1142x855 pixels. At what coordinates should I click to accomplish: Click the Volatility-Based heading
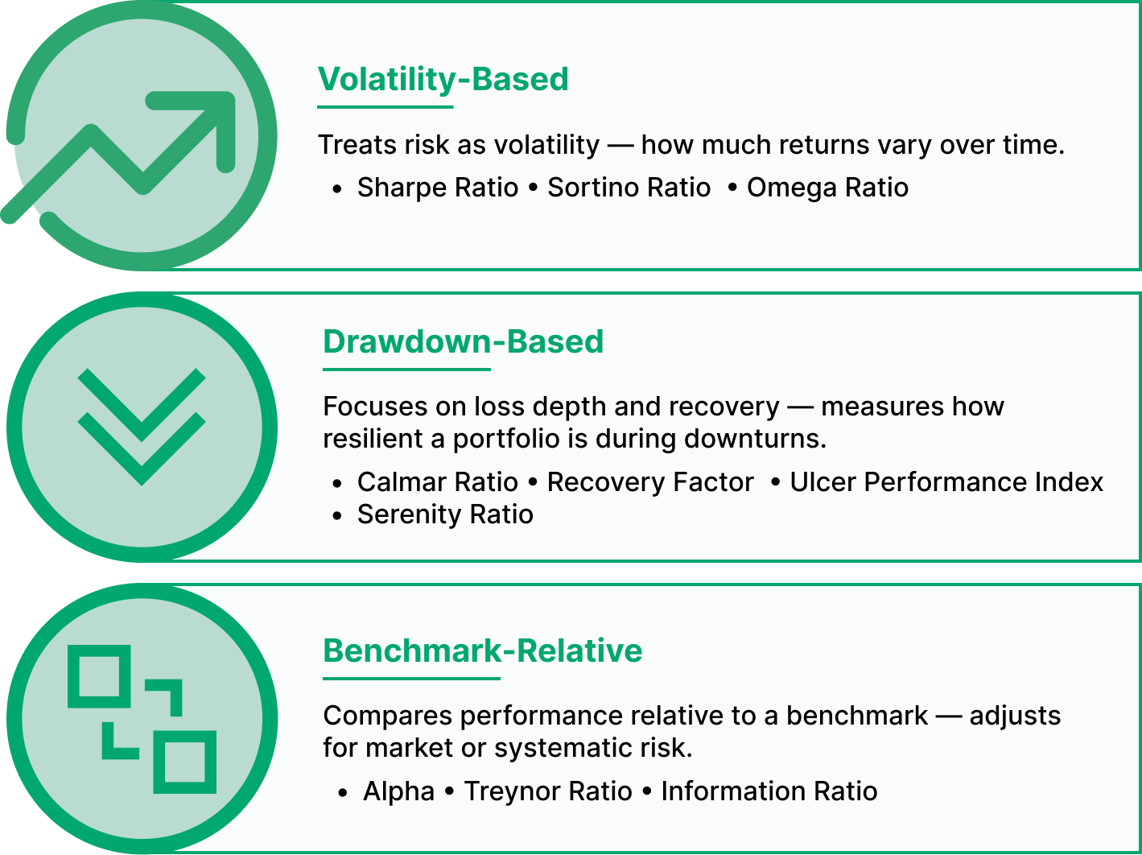(443, 80)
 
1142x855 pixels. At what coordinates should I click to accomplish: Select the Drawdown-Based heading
(463, 341)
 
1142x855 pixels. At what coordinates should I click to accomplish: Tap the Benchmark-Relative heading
(482, 651)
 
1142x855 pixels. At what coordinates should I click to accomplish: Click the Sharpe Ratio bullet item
(437, 188)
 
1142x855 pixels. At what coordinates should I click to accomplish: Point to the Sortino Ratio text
(629, 188)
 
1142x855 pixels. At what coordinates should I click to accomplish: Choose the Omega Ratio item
(827, 188)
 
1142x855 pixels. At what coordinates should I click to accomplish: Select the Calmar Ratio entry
(437, 482)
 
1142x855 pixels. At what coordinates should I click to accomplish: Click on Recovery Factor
(650, 482)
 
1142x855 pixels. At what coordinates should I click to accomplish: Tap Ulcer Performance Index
(946, 482)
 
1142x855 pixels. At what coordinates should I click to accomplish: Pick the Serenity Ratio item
(445, 514)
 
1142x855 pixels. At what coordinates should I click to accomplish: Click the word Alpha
(398, 791)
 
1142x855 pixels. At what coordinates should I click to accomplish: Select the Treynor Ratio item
(547, 791)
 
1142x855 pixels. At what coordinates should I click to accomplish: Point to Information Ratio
(769, 791)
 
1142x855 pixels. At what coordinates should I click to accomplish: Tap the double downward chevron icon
(142, 427)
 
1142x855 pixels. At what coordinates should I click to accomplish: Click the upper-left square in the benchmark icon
(99, 676)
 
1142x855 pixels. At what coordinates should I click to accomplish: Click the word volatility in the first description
(546, 145)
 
